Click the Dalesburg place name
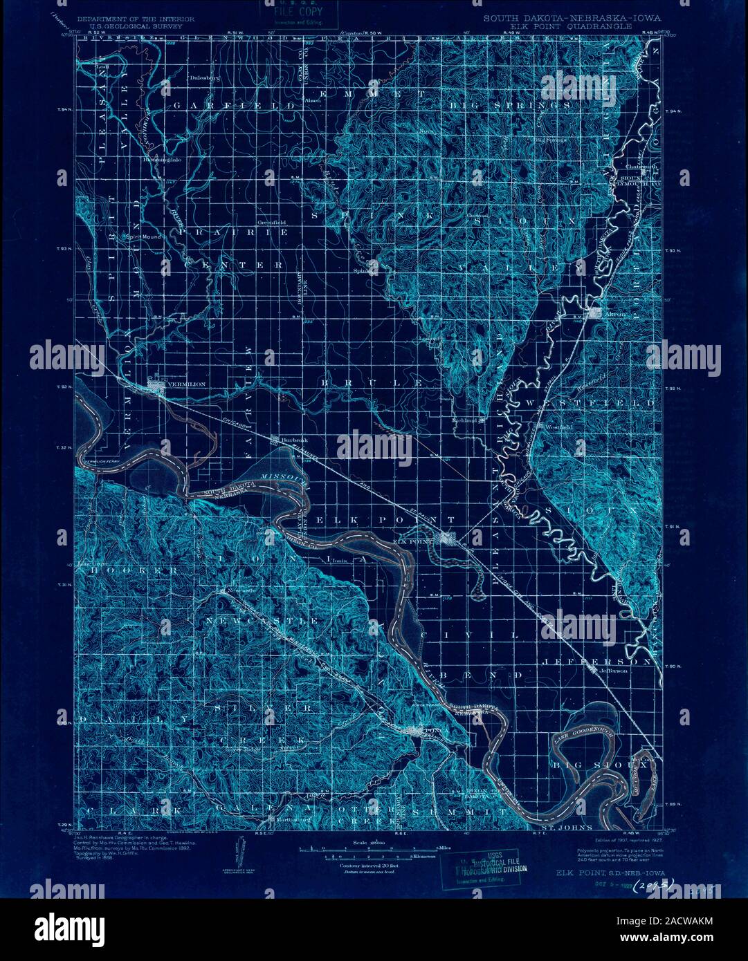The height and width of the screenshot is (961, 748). point(205,78)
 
